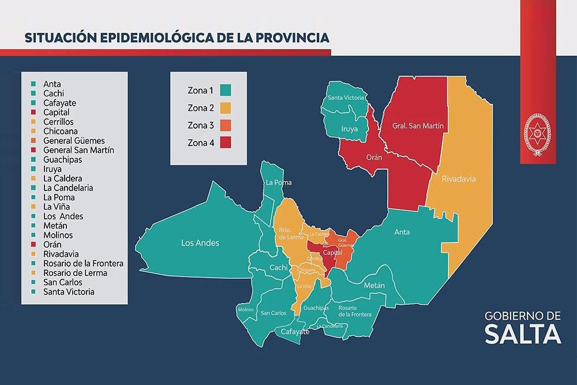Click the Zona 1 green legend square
click(225, 90)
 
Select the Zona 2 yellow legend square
click(225, 107)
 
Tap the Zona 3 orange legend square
click(225, 125)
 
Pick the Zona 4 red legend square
click(225, 143)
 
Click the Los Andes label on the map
click(200, 243)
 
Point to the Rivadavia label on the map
click(459, 180)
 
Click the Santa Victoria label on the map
click(346, 98)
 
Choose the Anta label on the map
click(402, 232)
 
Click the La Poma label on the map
click(278, 182)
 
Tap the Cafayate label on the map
click(295, 332)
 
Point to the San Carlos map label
click(273, 313)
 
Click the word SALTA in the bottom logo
click(523, 334)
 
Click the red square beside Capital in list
click(35, 112)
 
